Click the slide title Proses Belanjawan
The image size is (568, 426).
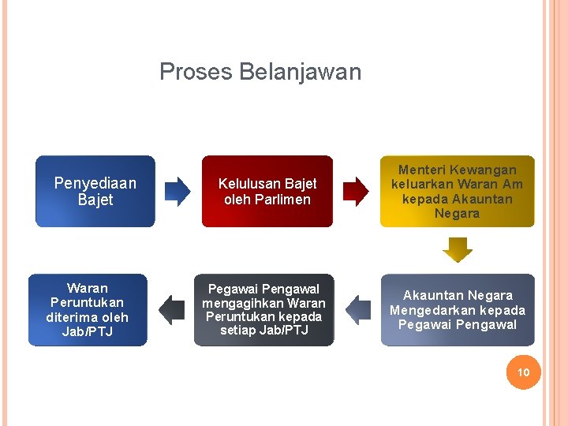point(260,72)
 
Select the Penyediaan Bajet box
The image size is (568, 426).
point(95,192)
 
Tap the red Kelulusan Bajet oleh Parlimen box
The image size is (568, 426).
point(267,192)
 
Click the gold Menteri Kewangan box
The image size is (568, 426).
point(457,192)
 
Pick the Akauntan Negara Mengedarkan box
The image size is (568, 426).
point(457,310)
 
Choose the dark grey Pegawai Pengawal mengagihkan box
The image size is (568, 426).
point(263,310)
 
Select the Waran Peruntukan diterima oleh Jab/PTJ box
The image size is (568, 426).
point(88,310)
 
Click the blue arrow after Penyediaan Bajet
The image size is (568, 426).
point(177,191)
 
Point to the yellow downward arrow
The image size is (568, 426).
point(458,250)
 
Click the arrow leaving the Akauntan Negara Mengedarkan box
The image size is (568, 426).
point(357,309)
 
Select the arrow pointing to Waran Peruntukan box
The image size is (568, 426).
point(171,309)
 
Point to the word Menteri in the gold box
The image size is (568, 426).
point(424,170)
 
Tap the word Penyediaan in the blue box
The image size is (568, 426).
point(95,183)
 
